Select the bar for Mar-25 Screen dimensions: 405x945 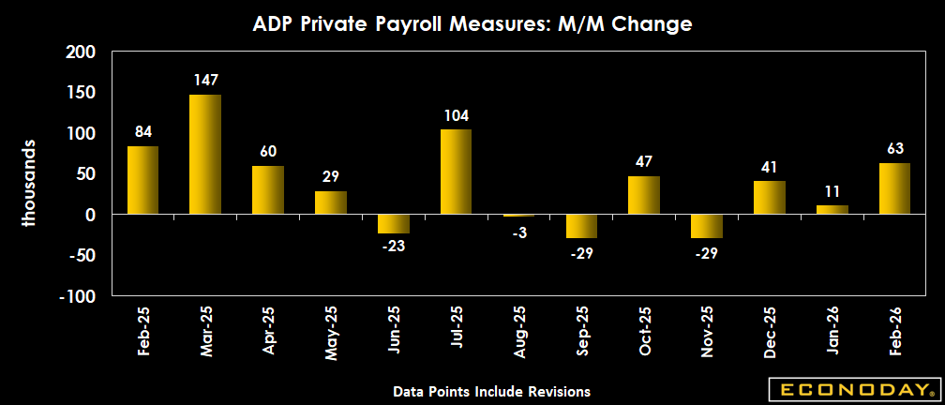(205, 155)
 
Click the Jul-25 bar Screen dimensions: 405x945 (456, 172)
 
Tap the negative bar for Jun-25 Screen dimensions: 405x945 (393, 224)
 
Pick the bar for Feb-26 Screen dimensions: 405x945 (894, 188)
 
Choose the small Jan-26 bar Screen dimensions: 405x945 (832, 210)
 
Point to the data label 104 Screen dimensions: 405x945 (456, 116)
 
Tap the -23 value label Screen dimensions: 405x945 (393, 247)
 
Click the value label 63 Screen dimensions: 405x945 (894, 149)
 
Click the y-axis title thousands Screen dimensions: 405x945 (30, 184)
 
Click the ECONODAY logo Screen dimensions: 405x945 (852, 389)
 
